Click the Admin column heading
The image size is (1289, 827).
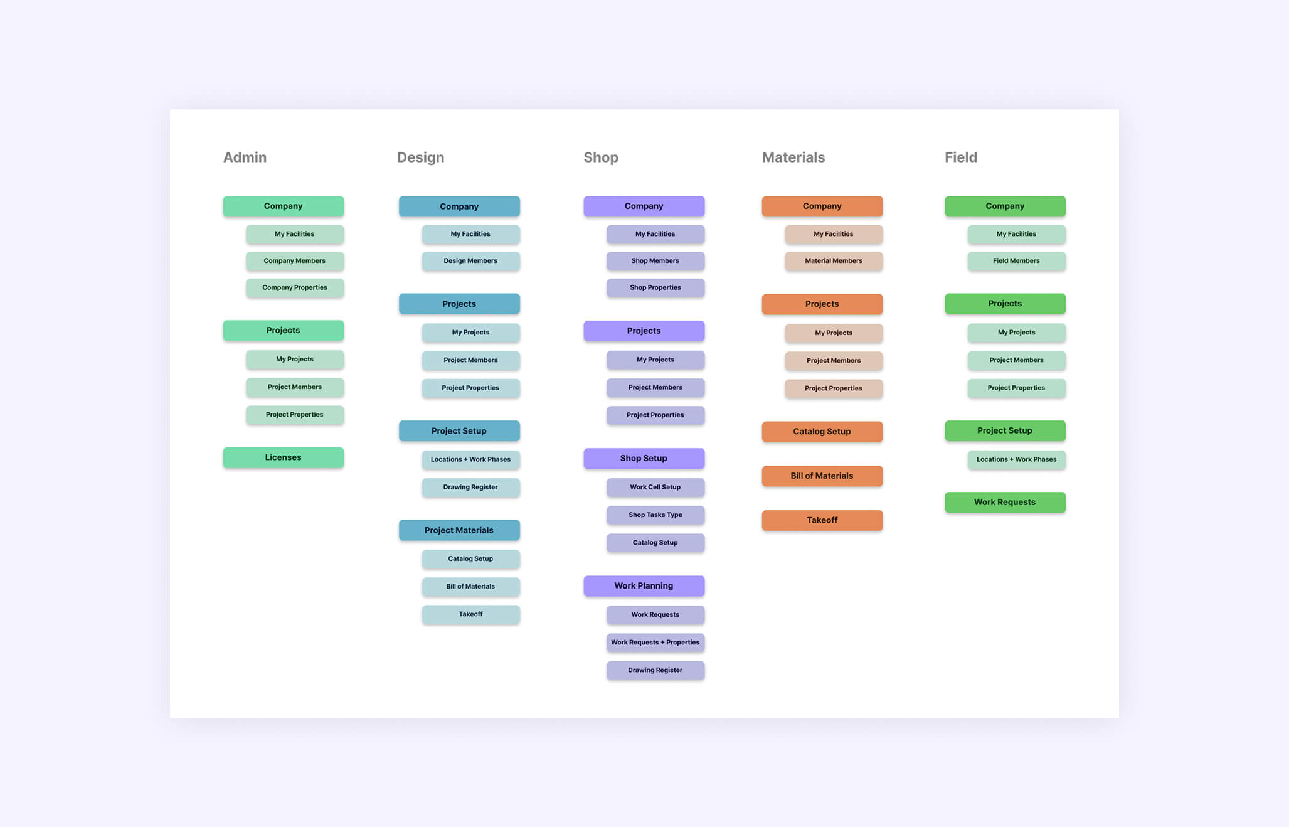click(x=245, y=157)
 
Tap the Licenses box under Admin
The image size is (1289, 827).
click(x=284, y=457)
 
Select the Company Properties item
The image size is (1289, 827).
click(x=295, y=287)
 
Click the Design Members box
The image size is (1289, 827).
click(x=470, y=261)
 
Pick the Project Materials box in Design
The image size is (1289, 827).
click(x=459, y=530)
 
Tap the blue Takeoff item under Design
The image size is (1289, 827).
click(x=470, y=614)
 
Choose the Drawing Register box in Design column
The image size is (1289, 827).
click(x=470, y=487)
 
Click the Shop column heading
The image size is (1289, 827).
click(x=601, y=157)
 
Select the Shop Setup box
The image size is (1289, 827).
click(x=644, y=458)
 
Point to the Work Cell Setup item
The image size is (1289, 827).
click(x=655, y=487)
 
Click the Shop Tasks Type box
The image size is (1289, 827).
click(x=655, y=515)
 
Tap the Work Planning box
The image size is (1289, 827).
click(x=644, y=586)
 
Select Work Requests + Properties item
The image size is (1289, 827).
click(x=655, y=643)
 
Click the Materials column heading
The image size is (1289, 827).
click(x=793, y=157)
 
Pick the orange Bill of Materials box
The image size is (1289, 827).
click(x=822, y=476)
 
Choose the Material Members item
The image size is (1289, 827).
click(x=834, y=261)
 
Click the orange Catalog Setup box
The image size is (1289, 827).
click(x=822, y=432)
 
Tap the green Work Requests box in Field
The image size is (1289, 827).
click(x=1005, y=502)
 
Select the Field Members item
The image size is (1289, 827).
click(x=1017, y=261)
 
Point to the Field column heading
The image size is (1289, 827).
click(x=961, y=157)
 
